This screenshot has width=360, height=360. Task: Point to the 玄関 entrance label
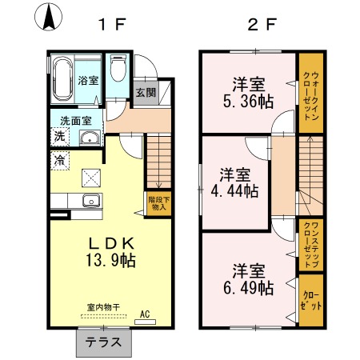click(146, 92)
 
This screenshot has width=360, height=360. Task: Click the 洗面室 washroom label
click(77, 122)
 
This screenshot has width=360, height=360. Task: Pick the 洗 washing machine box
click(60, 137)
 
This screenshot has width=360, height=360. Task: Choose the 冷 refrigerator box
click(60, 159)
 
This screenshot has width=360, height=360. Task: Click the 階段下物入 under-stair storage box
click(158, 202)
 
